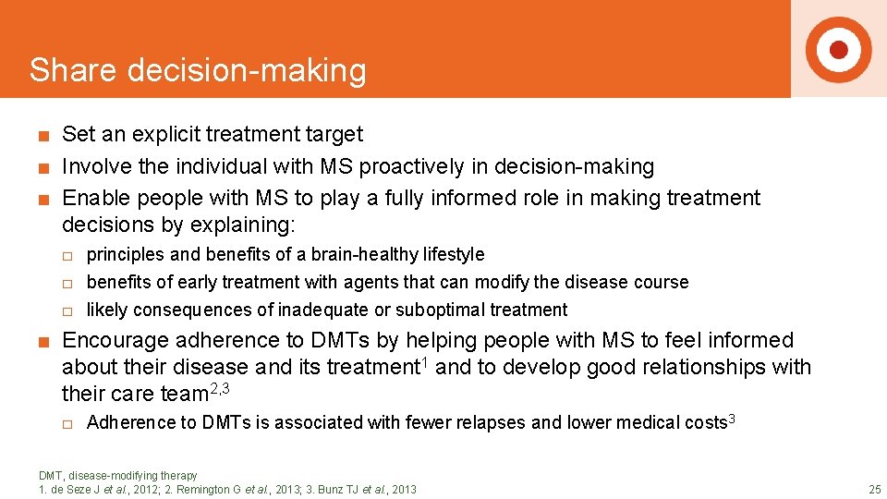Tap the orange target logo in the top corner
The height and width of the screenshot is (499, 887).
point(838,49)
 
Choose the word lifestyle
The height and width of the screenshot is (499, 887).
point(451,254)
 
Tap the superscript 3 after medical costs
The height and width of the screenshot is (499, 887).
point(732,419)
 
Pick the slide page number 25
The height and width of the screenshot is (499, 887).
point(874,489)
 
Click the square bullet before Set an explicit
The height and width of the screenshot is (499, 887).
point(43,136)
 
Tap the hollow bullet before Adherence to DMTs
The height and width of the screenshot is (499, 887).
point(67,423)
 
